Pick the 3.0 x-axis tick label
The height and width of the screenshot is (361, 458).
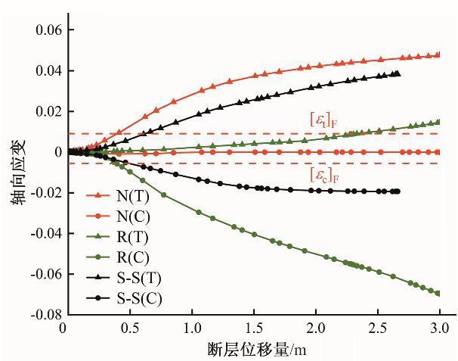pyautogui.click(x=438, y=330)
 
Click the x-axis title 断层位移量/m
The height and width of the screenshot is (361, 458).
pyautogui.click(x=252, y=350)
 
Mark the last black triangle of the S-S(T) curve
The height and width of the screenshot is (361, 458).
pyautogui.click(x=398, y=73)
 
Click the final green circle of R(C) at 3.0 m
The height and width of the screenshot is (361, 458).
pyautogui.click(x=438, y=293)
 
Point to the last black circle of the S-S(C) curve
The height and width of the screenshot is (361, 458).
pyautogui.click(x=398, y=191)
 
